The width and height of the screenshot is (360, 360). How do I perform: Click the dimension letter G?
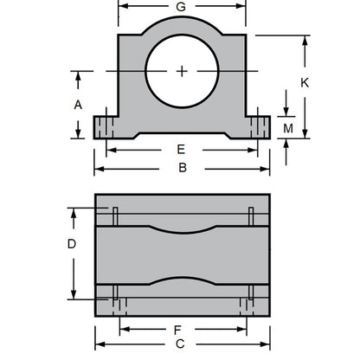[x=180, y=7]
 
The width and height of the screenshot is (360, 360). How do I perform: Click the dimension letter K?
[x=304, y=83]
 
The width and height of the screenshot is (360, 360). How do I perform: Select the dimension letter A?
[x=77, y=104]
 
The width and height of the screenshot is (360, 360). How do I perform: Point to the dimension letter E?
[x=181, y=149]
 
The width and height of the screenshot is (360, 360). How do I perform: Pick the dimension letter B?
[x=183, y=167]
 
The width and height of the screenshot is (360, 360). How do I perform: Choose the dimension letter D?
[x=72, y=243]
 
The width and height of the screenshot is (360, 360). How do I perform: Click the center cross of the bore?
[x=182, y=70]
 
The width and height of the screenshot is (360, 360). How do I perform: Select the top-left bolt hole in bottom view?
[x=113, y=213]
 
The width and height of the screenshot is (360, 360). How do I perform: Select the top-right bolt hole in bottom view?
[x=250, y=213]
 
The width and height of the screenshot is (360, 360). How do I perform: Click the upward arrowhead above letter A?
[x=78, y=75]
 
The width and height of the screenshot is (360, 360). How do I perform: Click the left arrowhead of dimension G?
[x=120, y=7]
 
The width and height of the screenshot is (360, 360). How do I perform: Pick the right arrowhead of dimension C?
[x=266, y=344]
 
